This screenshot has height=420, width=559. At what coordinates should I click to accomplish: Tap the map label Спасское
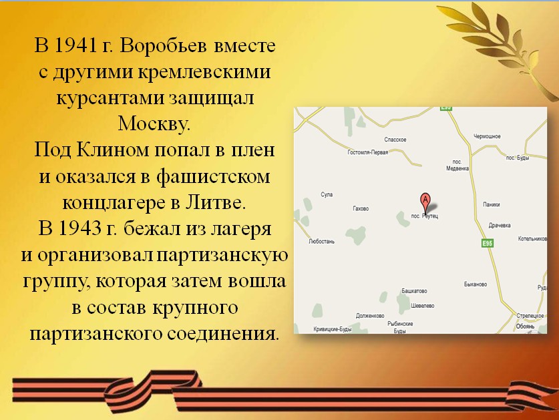[x=395, y=140]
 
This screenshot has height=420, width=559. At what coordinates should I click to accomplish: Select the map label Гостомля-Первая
[x=367, y=152]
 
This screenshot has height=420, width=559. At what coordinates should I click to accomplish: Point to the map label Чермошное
[x=487, y=136]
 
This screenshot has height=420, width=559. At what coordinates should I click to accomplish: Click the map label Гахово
[x=361, y=208]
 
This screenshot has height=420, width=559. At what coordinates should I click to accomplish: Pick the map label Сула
[x=327, y=195]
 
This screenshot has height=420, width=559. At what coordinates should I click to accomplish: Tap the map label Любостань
[x=321, y=241]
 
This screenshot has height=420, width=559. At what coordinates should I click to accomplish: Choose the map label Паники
[x=492, y=204]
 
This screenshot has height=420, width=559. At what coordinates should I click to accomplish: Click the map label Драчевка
[x=500, y=225]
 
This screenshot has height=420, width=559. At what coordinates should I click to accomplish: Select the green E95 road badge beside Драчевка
[x=487, y=243]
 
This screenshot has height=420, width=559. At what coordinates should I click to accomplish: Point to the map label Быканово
[x=476, y=284]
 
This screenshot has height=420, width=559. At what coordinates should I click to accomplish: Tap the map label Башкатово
[x=414, y=291]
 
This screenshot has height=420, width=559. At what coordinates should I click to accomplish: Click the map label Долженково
[x=370, y=316]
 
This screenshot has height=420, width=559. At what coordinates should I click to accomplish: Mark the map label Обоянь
[x=525, y=327]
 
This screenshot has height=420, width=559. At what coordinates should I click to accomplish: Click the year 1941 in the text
[x=76, y=45]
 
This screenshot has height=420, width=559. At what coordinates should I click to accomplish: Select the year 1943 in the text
[x=80, y=228]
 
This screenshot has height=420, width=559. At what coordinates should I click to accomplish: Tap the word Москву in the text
[x=154, y=124]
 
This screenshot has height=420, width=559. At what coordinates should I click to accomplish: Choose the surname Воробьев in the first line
[x=163, y=45]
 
